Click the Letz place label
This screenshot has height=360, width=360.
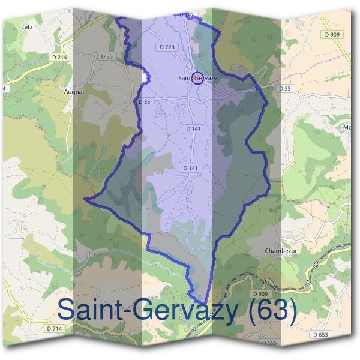[x=26, y=27]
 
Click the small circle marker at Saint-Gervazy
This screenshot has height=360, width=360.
[x=199, y=78]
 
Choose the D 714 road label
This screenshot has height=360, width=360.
[x=54, y=328]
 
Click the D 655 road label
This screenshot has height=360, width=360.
[x=269, y=342]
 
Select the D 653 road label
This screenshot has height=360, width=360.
[x=321, y=334]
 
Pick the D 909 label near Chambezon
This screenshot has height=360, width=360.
[x=260, y=293]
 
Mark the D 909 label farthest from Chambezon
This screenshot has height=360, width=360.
[x=332, y=35]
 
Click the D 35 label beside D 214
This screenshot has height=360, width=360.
[x=107, y=56]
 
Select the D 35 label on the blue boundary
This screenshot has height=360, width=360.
[x=145, y=102]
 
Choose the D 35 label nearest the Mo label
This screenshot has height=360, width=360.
[x=285, y=89]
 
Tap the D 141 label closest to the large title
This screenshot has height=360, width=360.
[x=189, y=168]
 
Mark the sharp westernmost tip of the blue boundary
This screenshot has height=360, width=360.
[x=85, y=198]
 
